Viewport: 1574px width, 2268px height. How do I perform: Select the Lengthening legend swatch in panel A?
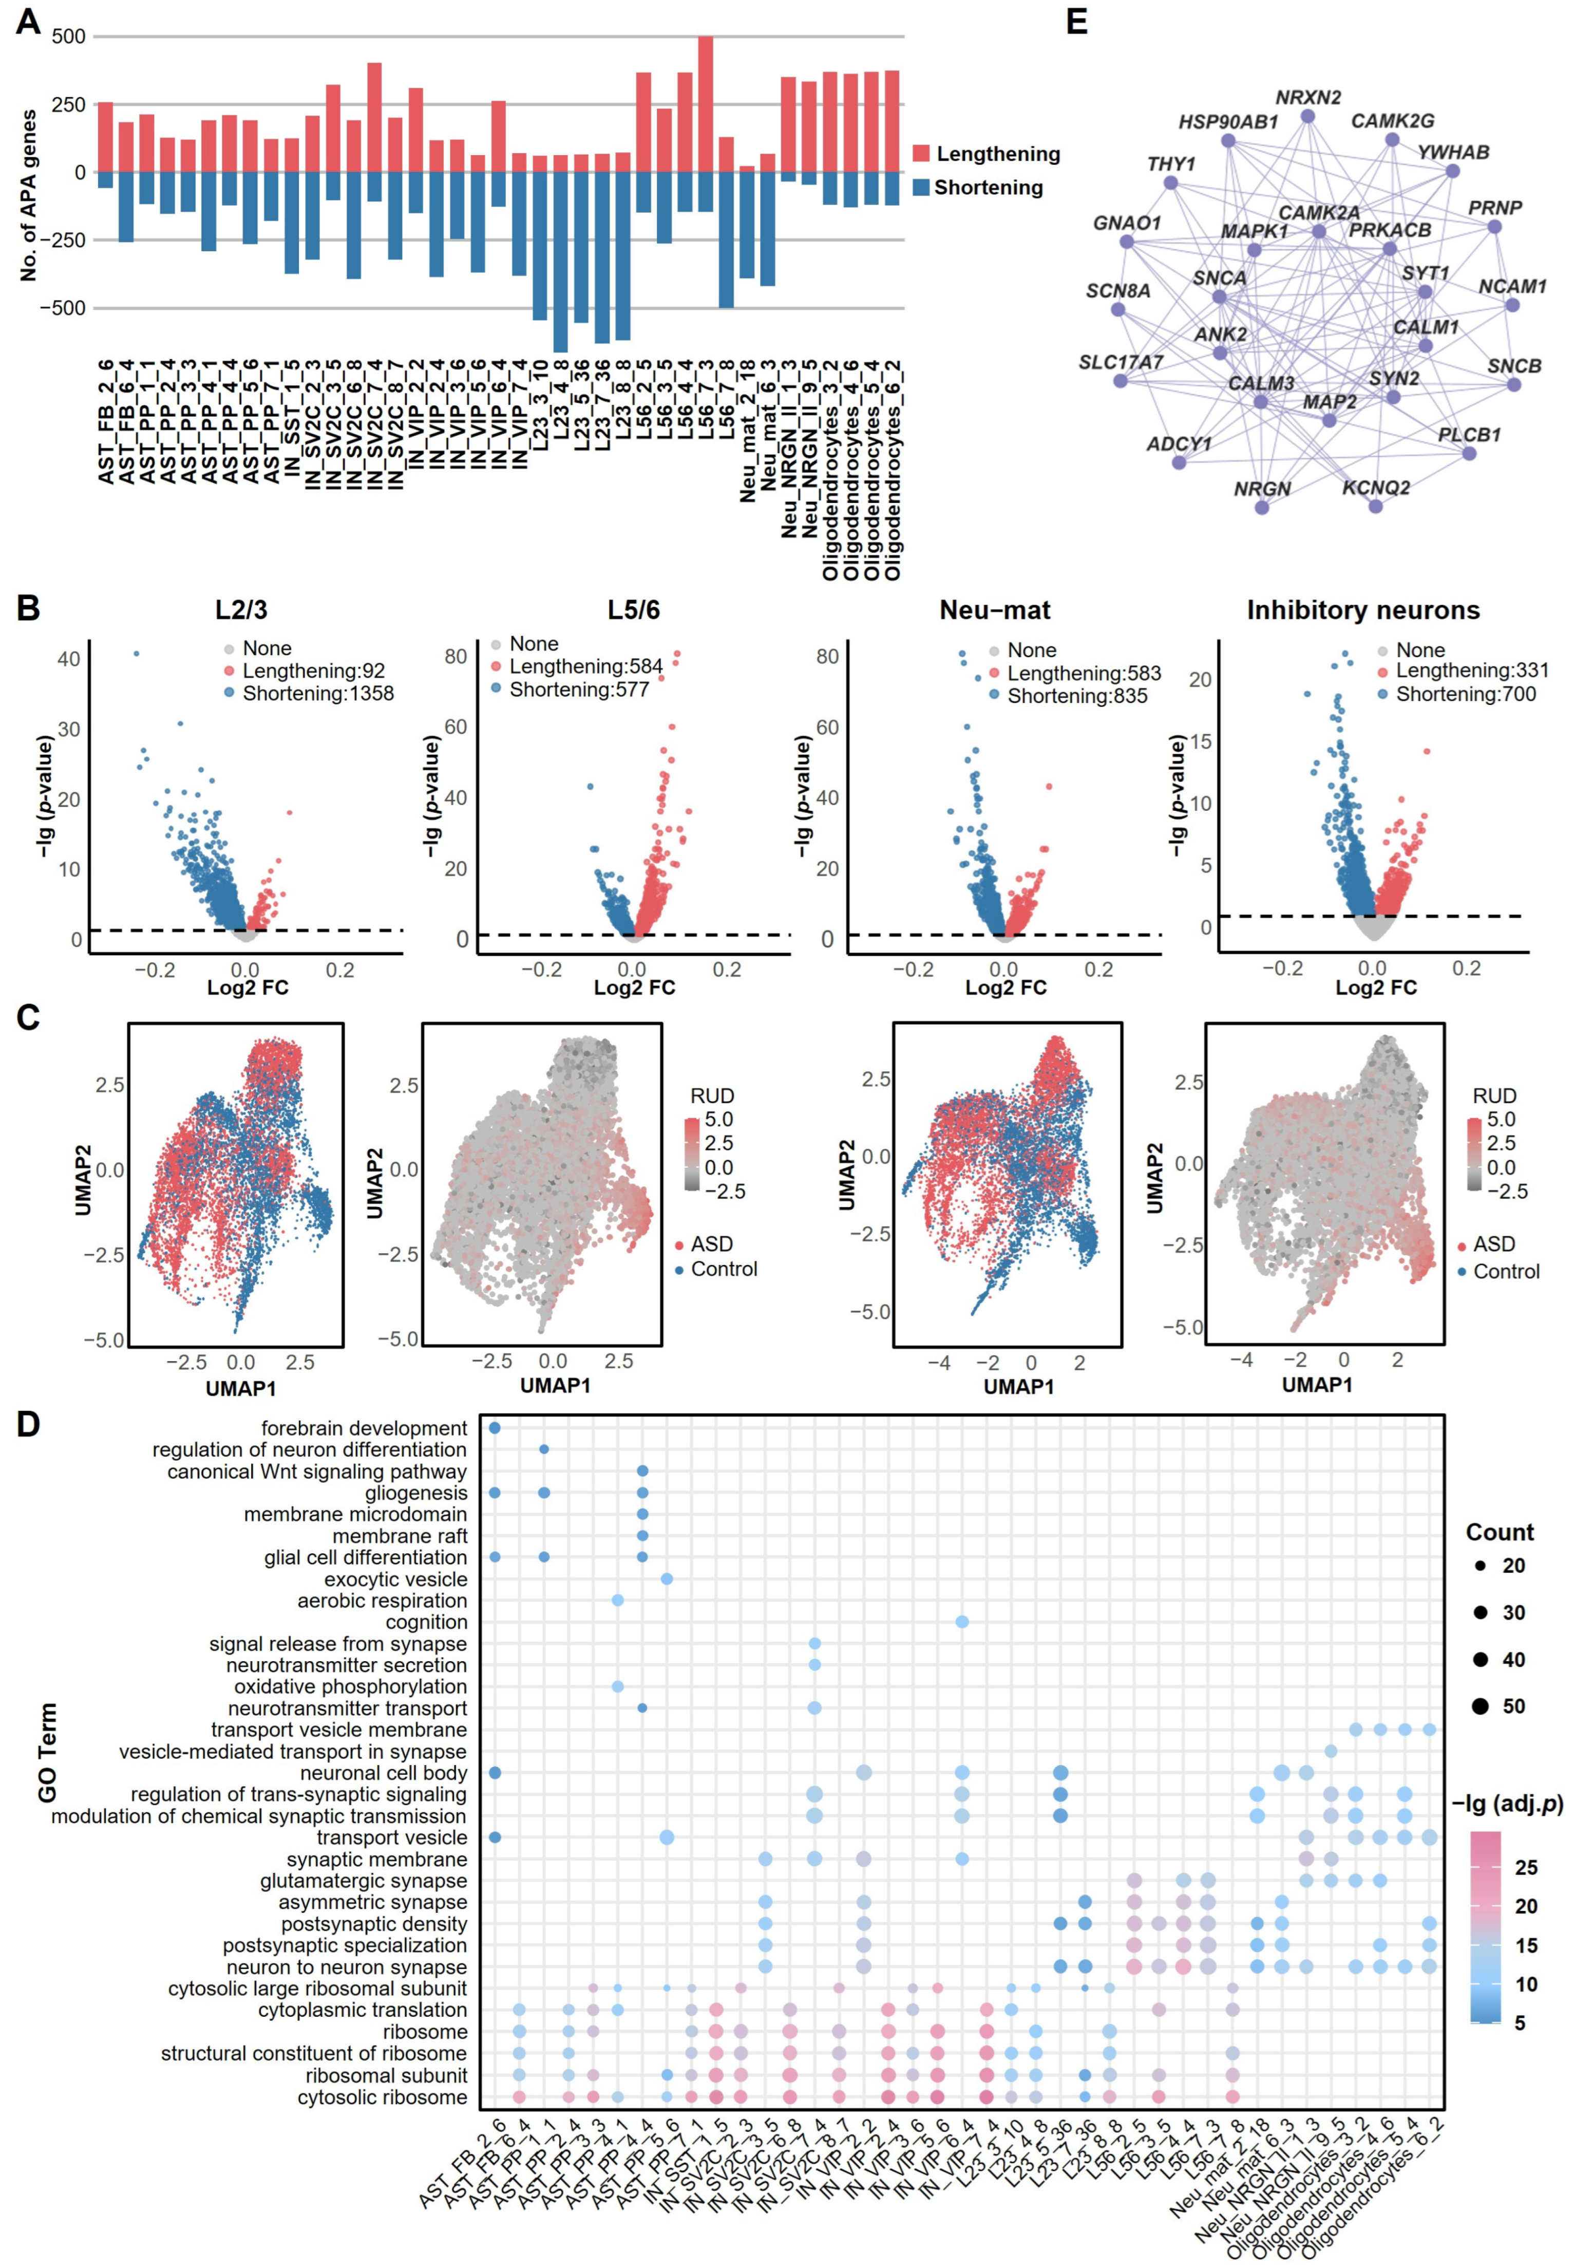click(921, 153)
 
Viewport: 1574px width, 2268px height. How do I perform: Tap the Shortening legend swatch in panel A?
click(921, 188)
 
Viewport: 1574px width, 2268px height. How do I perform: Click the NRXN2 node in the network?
click(1307, 117)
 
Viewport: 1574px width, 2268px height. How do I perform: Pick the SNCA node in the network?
click(1219, 296)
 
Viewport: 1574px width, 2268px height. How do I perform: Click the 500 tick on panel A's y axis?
click(68, 36)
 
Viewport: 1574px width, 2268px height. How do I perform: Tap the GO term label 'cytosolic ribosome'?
click(382, 2096)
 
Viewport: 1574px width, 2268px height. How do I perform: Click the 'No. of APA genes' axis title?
click(29, 195)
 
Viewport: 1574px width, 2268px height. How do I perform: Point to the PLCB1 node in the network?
click(1469, 454)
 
